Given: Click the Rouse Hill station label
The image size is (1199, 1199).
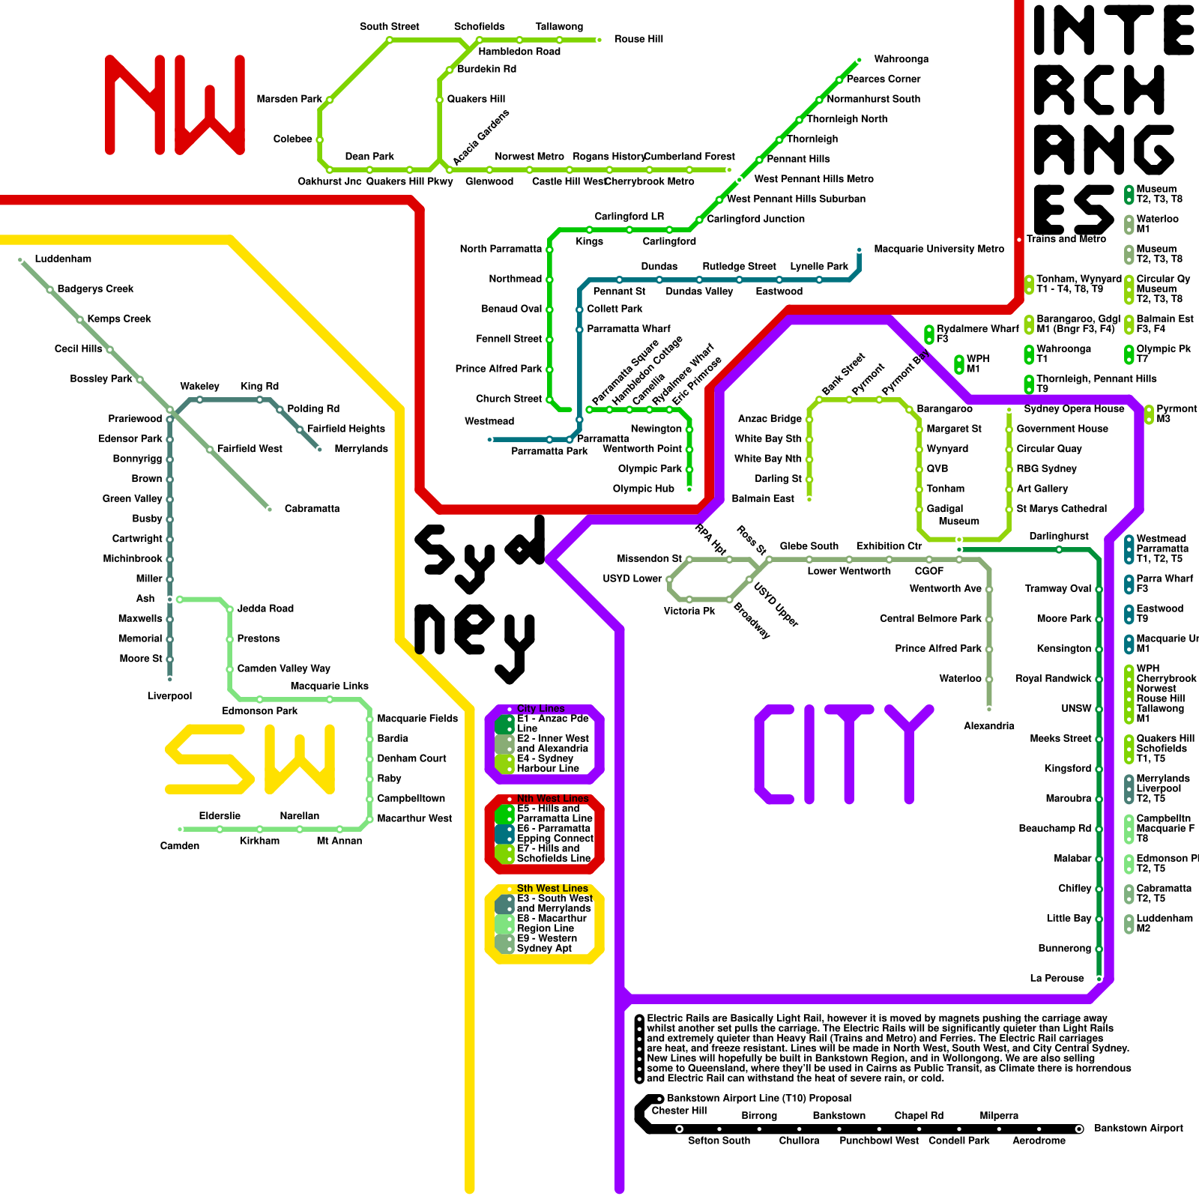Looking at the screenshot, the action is pyautogui.click(x=638, y=39).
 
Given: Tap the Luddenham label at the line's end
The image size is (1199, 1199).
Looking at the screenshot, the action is pyautogui.click(x=63, y=259).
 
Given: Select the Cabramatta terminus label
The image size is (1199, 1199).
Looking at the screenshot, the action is pyautogui.click(x=312, y=509).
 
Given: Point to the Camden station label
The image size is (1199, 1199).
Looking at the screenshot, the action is pyautogui.click(x=180, y=846).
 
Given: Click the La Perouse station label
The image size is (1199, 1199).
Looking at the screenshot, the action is pyautogui.click(x=1057, y=979).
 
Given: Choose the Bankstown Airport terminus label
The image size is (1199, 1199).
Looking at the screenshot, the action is pyautogui.click(x=1138, y=1129).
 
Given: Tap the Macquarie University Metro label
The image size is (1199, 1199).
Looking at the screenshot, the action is pyautogui.click(x=938, y=249).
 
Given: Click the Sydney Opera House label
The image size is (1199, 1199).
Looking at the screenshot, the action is pyautogui.click(x=1074, y=409).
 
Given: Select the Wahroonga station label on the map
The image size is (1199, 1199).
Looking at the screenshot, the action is pyautogui.click(x=901, y=59).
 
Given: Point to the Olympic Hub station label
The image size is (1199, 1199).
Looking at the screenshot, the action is pyautogui.click(x=644, y=489).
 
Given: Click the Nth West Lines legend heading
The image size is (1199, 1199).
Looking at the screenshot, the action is pyautogui.click(x=552, y=799).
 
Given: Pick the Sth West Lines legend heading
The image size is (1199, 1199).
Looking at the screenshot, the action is pyautogui.click(x=552, y=889).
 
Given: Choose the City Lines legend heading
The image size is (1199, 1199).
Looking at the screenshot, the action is pyautogui.click(x=541, y=709).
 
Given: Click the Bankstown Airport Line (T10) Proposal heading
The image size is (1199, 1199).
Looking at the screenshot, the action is pyautogui.click(x=759, y=1099).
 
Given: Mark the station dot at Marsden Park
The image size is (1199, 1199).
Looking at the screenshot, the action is pyautogui.click(x=329, y=100).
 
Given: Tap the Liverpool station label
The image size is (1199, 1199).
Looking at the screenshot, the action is pyautogui.click(x=169, y=696).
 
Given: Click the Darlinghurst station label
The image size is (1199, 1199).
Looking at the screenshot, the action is pyautogui.click(x=1058, y=537).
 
